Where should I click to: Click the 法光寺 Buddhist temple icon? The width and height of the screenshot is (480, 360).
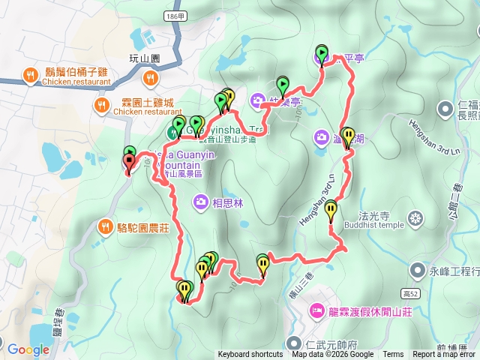[415, 219]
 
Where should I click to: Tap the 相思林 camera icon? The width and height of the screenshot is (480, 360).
[201, 201]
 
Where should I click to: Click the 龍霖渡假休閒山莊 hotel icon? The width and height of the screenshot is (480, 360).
[316, 310]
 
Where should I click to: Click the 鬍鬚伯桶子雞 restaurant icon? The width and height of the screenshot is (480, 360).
[31, 75]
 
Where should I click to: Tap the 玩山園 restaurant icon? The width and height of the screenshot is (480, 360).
[151, 76]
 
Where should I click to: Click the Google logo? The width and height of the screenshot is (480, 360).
[28, 349]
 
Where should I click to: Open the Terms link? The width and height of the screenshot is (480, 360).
[392, 355]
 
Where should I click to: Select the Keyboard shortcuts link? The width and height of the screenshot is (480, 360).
[250, 355]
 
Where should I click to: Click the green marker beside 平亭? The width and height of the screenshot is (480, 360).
[322, 53]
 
